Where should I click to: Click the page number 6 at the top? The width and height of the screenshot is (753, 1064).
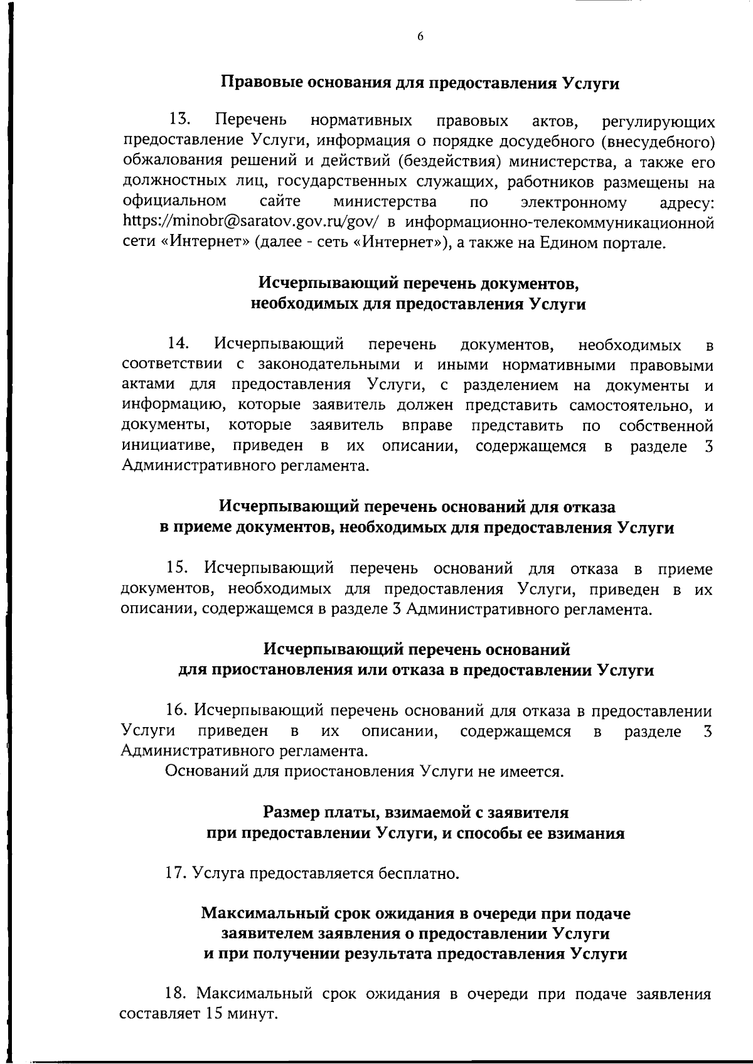(420, 36)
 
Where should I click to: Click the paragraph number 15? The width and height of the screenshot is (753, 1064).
(179, 568)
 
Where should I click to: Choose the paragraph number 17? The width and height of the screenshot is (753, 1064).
(176, 873)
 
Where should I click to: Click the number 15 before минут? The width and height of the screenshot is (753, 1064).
(211, 1013)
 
